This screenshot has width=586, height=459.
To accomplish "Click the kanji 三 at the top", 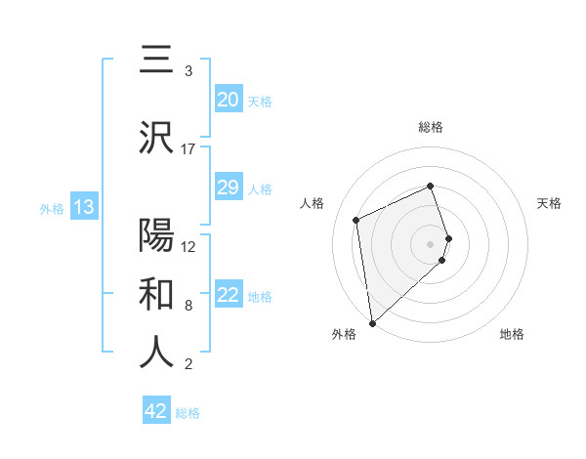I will pos(156,60).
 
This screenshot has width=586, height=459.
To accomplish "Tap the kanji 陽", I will pos(156,235).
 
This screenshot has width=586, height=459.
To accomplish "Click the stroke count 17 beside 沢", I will pos(188,149).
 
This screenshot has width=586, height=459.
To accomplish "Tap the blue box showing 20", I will pos(228,100).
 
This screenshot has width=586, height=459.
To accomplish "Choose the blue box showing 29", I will pos(228,188).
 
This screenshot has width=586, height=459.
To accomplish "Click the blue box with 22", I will pos(228,295).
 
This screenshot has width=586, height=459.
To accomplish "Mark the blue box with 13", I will pos(83,207).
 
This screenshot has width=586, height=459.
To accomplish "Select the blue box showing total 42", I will pos(156,411).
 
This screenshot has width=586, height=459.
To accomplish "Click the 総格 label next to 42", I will pos(188,413).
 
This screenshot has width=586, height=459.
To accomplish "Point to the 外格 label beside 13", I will pos(51,208).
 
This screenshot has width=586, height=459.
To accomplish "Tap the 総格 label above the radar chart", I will pos(430,127).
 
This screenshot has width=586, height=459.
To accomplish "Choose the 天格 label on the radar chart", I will pos(549,203).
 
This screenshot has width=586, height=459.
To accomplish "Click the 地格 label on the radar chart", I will pos(512,334).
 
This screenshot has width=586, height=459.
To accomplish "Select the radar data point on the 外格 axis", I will pos(372,322).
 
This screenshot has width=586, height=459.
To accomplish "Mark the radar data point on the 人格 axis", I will pos(356,219).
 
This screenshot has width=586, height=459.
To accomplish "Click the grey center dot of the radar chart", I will pos(431,243).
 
